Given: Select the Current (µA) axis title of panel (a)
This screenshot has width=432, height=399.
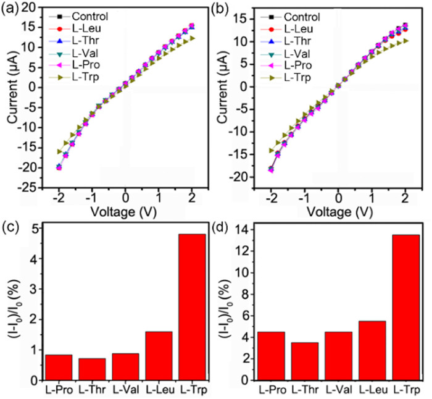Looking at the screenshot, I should click(10, 96).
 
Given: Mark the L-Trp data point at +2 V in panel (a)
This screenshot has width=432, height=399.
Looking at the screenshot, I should click(191, 38).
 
